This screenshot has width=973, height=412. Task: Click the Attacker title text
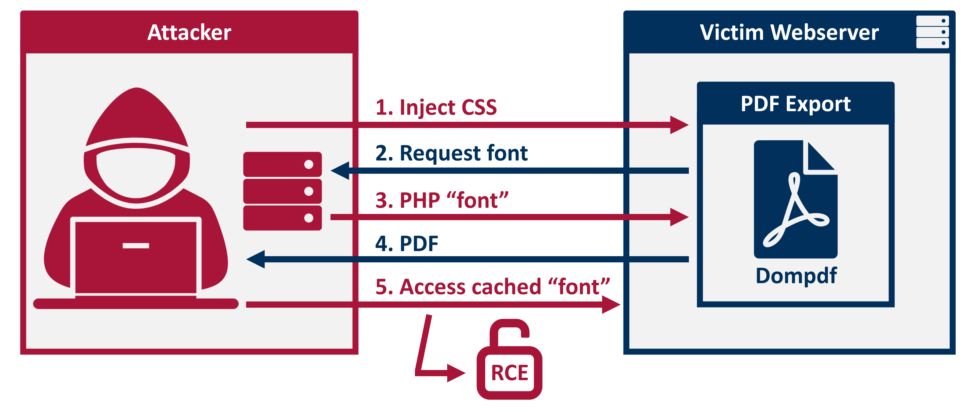click(189, 32)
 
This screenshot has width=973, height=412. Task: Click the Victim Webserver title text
click(789, 32)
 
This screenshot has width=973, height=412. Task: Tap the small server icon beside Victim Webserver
click(932, 32)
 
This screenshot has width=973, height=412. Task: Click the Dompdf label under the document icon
click(796, 276)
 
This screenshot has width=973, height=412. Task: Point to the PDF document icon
click(795, 199)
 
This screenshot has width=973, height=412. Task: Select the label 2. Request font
click(451, 153)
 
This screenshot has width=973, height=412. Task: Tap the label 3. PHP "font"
click(442, 200)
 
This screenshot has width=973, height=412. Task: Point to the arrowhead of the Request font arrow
click(340, 170)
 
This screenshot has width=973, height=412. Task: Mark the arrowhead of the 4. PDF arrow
click(256, 259)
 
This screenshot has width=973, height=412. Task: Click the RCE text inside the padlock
click(509, 373)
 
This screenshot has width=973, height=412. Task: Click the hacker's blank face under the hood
click(136, 172)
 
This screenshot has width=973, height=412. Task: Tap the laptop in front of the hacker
click(136, 257)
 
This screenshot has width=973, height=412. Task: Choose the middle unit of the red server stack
click(282, 191)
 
